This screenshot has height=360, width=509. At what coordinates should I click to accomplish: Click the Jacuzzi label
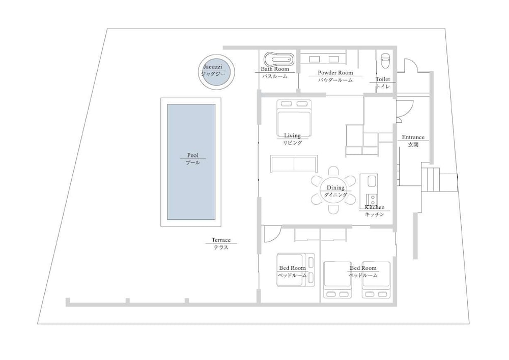point(213,67)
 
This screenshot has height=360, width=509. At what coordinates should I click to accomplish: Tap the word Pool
point(193,155)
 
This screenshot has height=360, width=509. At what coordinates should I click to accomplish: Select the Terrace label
point(221,240)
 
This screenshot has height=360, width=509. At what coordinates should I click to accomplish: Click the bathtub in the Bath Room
point(278,60)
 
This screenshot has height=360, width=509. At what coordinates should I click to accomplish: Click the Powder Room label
point(335,73)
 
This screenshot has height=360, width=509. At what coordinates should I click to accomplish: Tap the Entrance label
point(413,137)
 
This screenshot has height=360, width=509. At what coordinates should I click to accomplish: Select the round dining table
point(334,190)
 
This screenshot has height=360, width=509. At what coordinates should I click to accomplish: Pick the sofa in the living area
point(294,163)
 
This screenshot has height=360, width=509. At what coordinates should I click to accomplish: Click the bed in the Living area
point(294,118)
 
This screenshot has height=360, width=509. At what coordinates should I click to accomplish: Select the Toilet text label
point(383,79)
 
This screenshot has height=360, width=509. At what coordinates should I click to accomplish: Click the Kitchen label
point(375,207)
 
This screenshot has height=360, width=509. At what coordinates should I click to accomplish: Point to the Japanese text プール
point(193,162)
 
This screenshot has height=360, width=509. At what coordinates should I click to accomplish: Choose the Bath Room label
point(275,69)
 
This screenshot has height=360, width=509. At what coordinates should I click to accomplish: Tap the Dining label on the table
point(335,187)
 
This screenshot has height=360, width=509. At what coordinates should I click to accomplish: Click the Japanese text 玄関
point(413,145)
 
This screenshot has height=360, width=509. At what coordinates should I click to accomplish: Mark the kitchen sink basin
point(372,181)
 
